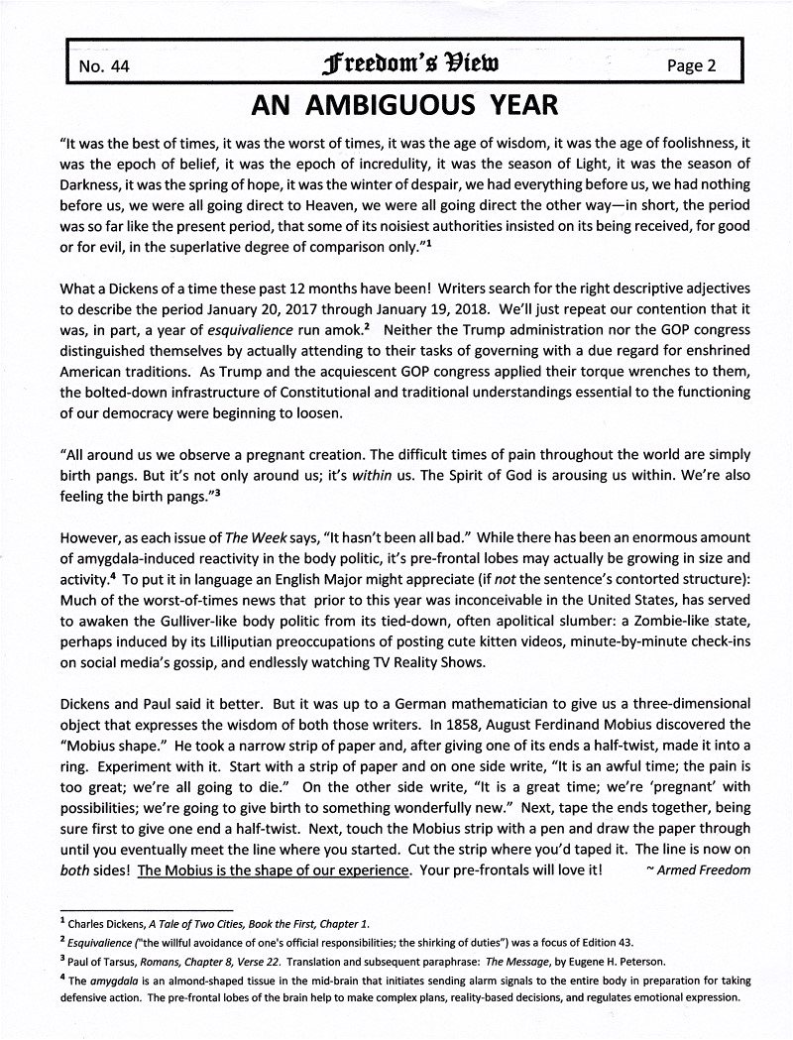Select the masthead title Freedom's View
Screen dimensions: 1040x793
pyautogui.click(x=393, y=65)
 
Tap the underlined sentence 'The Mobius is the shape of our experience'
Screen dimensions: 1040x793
pyautogui.click(x=274, y=870)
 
